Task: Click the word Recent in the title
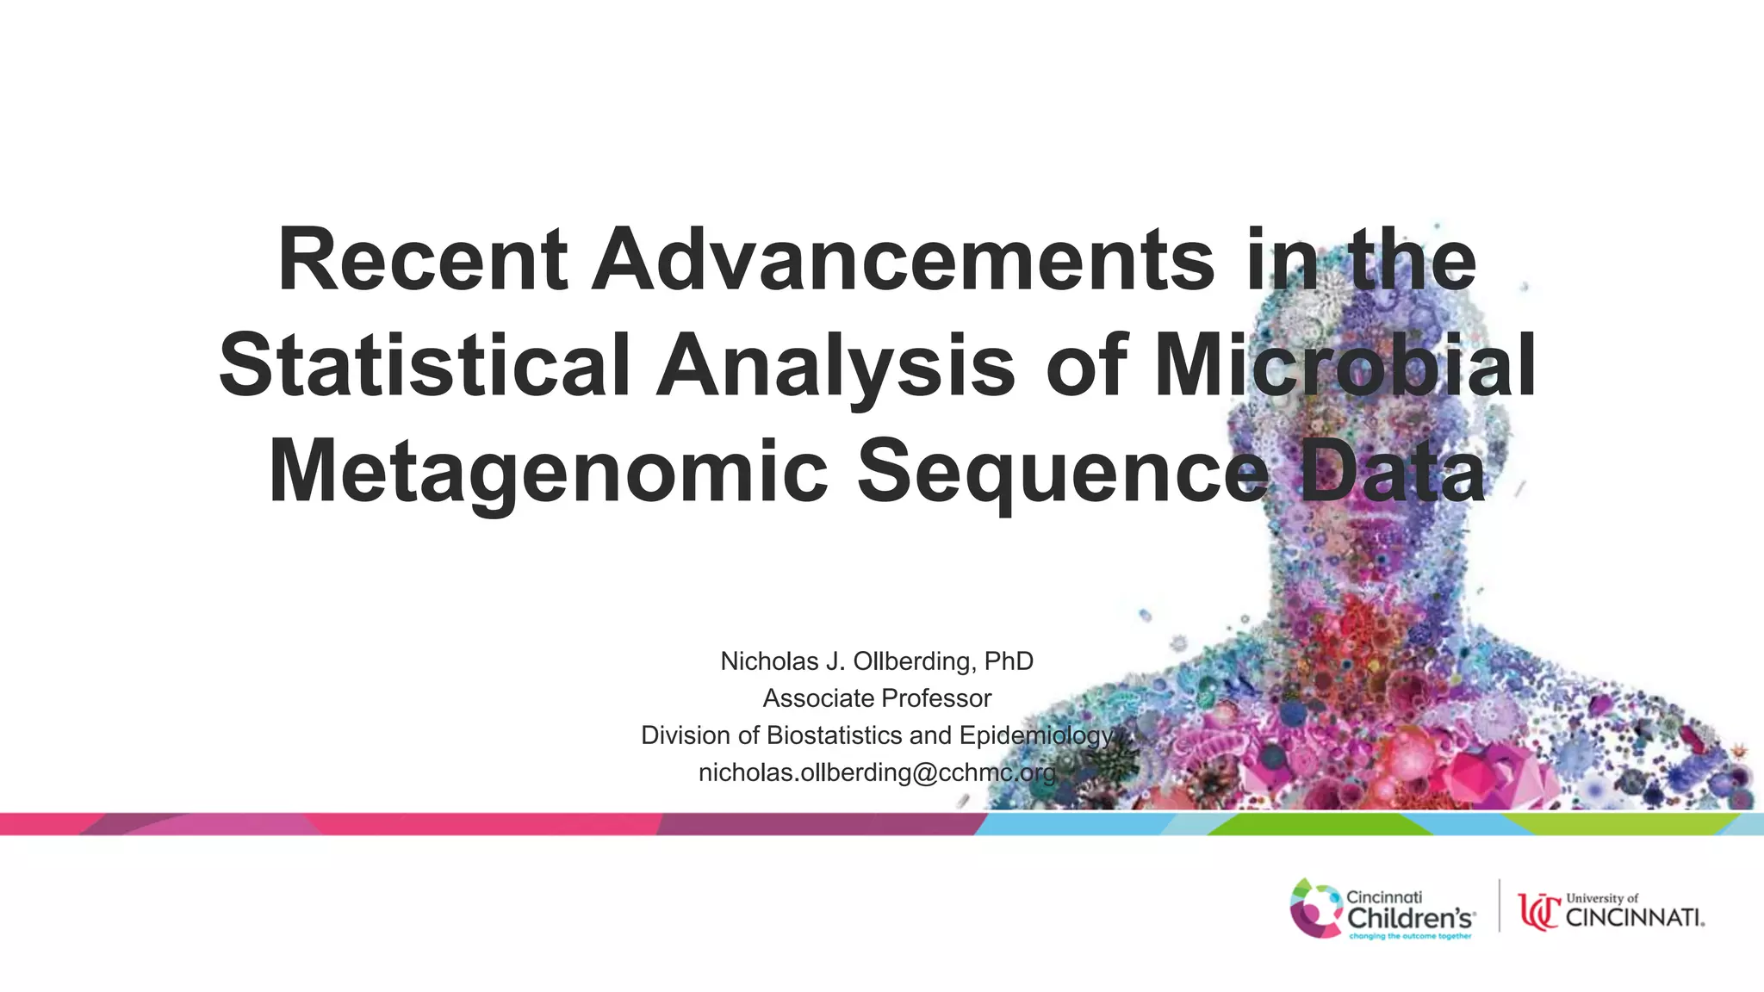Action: (x=422, y=260)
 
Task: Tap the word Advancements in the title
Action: (x=903, y=260)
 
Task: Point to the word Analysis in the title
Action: (x=835, y=367)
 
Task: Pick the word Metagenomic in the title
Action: (x=548, y=472)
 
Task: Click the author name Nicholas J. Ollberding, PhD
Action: (x=876, y=661)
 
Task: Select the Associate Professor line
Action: (x=877, y=698)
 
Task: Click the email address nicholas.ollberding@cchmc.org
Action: (x=877, y=772)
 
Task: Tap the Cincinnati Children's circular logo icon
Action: (x=1314, y=908)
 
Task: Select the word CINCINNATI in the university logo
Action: (x=1633, y=918)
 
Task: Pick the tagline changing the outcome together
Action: (x=1410, y=936)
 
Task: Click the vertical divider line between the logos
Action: (x=1500, y=905)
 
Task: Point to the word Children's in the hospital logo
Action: (x=1411, y=918)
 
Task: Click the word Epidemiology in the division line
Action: (x=1036, y=735)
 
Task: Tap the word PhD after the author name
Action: (x=1009, y=661)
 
